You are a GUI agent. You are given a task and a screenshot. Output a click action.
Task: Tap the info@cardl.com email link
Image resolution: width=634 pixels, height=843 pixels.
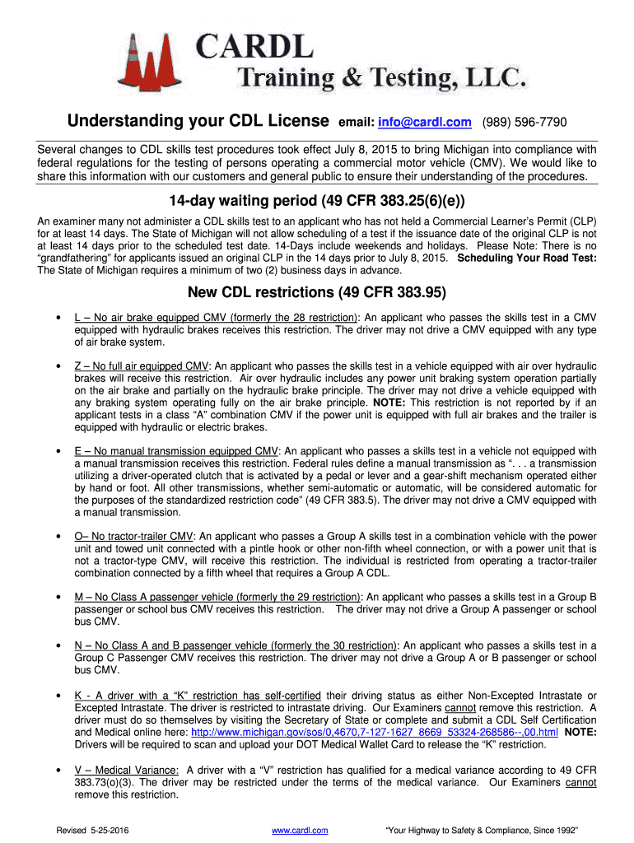[x=424, y=123]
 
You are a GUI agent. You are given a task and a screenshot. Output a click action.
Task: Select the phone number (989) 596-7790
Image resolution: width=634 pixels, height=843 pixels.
[x=524, y=123]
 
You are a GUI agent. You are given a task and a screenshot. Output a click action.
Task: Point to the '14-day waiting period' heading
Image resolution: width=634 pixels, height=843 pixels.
[x=317, y=202]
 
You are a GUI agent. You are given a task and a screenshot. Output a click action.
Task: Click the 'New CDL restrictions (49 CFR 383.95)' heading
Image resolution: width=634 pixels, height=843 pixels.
[x=317, y=292]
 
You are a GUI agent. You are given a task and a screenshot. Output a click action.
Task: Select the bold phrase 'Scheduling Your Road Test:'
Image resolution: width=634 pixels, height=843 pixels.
[x=526, y=258]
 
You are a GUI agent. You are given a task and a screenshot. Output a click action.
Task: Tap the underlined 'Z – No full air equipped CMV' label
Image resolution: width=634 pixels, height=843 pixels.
[x=142, y=366]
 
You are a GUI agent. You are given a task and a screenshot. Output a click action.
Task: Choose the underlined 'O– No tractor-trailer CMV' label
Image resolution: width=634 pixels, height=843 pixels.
[x=134, y=536]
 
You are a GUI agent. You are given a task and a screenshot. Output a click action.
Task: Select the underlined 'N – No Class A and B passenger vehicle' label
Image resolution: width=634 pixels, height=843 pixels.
[x=235, y=645]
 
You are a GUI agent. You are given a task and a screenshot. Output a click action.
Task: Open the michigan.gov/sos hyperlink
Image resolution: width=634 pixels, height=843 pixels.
[x=375, y=731]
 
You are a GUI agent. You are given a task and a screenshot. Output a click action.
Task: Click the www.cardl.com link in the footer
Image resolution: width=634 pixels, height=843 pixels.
[x=300, y=831]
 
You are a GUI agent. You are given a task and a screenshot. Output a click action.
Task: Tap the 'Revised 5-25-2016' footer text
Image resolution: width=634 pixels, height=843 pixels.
[x=91, y=831]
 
